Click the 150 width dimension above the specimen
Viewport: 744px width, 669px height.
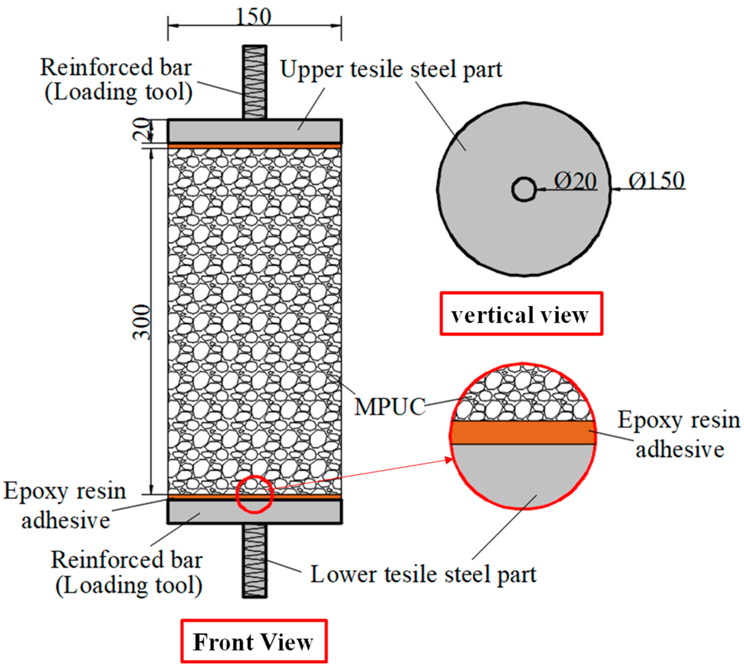253,17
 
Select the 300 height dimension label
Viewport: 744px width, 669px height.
142,322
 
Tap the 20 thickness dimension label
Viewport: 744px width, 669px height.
142,129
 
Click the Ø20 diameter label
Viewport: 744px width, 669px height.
575,181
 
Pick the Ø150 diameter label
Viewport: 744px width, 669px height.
656,180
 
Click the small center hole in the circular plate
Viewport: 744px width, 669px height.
523,190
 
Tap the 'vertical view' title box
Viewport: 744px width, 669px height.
521,314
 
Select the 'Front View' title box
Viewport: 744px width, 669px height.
254,641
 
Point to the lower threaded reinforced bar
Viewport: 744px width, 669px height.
254,560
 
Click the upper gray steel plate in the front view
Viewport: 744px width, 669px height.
254,131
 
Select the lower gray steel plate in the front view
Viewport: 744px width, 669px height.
254,511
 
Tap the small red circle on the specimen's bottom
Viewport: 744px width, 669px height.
254,494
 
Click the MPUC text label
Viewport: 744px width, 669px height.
389,407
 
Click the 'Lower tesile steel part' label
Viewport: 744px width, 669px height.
423,574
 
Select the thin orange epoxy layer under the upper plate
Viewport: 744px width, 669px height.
254,146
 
